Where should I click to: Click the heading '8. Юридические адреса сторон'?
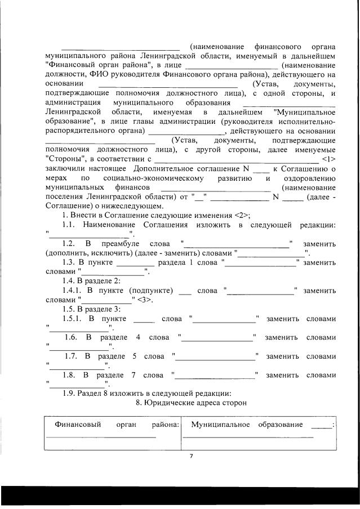(192, 403)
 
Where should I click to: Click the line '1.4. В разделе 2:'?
(91, 281)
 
